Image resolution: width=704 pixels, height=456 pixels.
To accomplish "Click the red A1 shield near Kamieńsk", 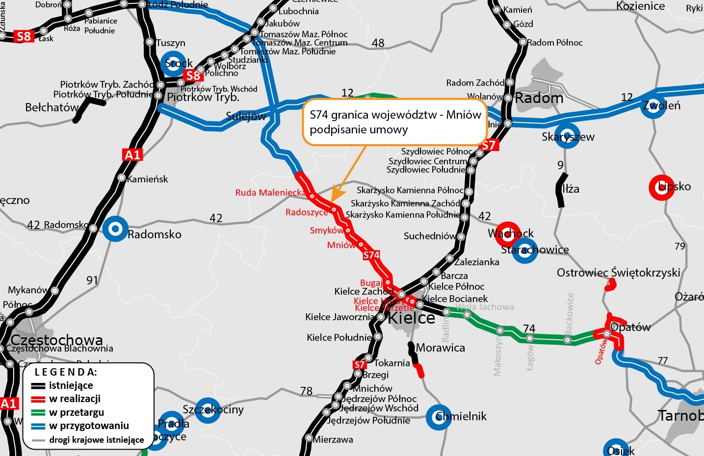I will pos(132,155).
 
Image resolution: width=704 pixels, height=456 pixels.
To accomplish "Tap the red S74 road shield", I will pos(371,255).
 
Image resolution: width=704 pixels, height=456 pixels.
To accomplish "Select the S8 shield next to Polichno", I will pos(193,75).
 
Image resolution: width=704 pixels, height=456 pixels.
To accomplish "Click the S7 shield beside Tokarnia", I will pos(360,364).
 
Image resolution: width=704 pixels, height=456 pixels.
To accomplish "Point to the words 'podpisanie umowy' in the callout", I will pos(359,130).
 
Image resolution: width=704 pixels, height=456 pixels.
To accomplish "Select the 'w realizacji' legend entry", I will pos(75,399).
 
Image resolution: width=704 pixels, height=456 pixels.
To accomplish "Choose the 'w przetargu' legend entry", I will pos(77,412).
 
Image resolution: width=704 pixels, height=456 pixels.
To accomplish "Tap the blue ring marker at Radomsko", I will pos(115,229).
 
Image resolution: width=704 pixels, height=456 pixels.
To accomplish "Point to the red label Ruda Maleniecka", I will pos(270,193).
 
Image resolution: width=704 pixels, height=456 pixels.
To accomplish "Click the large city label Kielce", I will pos(411,318).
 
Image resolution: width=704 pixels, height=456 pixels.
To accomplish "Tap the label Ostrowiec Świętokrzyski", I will pos(618,273).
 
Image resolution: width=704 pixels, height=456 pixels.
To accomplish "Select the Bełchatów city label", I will pos(52,107).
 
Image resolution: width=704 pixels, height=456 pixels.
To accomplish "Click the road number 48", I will pos(378,43).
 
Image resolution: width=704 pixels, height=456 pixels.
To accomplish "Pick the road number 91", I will pos(92,280).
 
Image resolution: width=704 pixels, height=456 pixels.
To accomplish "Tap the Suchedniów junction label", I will pos(430,236).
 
